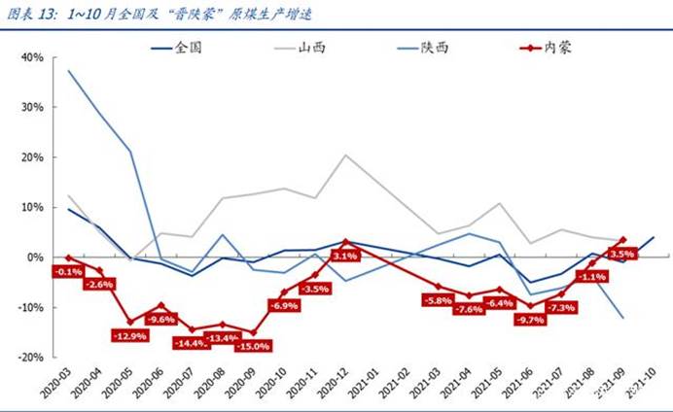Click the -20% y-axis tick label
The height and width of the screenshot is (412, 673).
(x=30, y=357)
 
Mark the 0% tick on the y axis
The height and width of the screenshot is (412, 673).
(x=35, y=257)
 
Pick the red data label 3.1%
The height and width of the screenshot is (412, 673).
(x=345, y=256)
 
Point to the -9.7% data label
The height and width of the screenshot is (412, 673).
(x=531, y=319)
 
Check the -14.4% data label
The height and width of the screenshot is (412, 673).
(x=192, y=342)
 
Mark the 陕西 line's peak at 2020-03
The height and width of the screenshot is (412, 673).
(x=68, y=71)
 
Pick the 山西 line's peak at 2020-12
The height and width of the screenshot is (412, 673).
(x=345, y=154)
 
